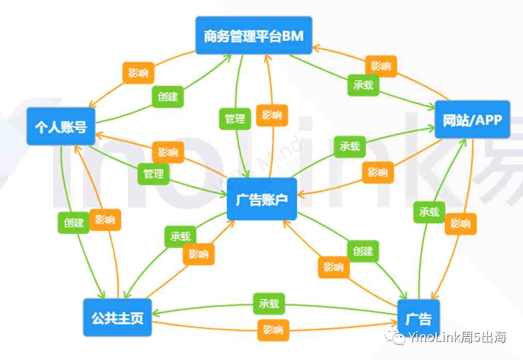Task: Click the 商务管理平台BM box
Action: (x=254, y=36)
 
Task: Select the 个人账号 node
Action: (x=61, y=126)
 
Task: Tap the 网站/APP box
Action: (x=472, y=120)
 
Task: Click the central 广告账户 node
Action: (x=262, y=199)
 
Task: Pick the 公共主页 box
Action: (x=118, y=317)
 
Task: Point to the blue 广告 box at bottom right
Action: (x=419, y=318)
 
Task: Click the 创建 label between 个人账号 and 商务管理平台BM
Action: (x=168, y=97)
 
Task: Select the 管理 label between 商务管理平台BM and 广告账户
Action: (x=235, y=119)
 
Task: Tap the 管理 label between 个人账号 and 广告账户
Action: (x=153, y=174)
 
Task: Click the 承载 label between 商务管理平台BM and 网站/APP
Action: (x=363, y=85)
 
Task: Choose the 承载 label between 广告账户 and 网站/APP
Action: (x=350, y=146)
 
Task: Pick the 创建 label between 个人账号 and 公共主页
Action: (x=74, y=222)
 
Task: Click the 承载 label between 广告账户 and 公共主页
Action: (x=181, y=237)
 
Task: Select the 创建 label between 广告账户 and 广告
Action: (x=363, y=251)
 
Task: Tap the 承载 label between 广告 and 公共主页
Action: (x=269, y=304)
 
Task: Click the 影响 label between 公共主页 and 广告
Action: (x=273, y=330)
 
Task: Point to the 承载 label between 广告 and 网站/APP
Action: (x=429, y=212)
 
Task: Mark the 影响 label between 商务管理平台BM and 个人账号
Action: (x=138, y=73)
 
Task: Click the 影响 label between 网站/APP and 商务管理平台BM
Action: (x=381, y=66)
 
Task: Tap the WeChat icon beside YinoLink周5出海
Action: (x=395, y=337)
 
